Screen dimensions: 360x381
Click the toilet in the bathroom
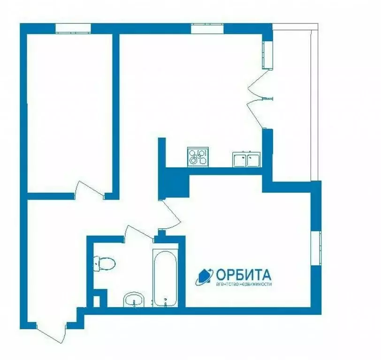[x=104, y=263]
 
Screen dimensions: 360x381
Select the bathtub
[x=165, y=277]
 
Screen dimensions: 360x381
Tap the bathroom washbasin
[x=134, y=300]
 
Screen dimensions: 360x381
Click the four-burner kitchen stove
[x=197, y=157]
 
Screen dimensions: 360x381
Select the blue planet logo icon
[x=204, y=277]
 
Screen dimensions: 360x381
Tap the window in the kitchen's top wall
[x=207, y=28]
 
